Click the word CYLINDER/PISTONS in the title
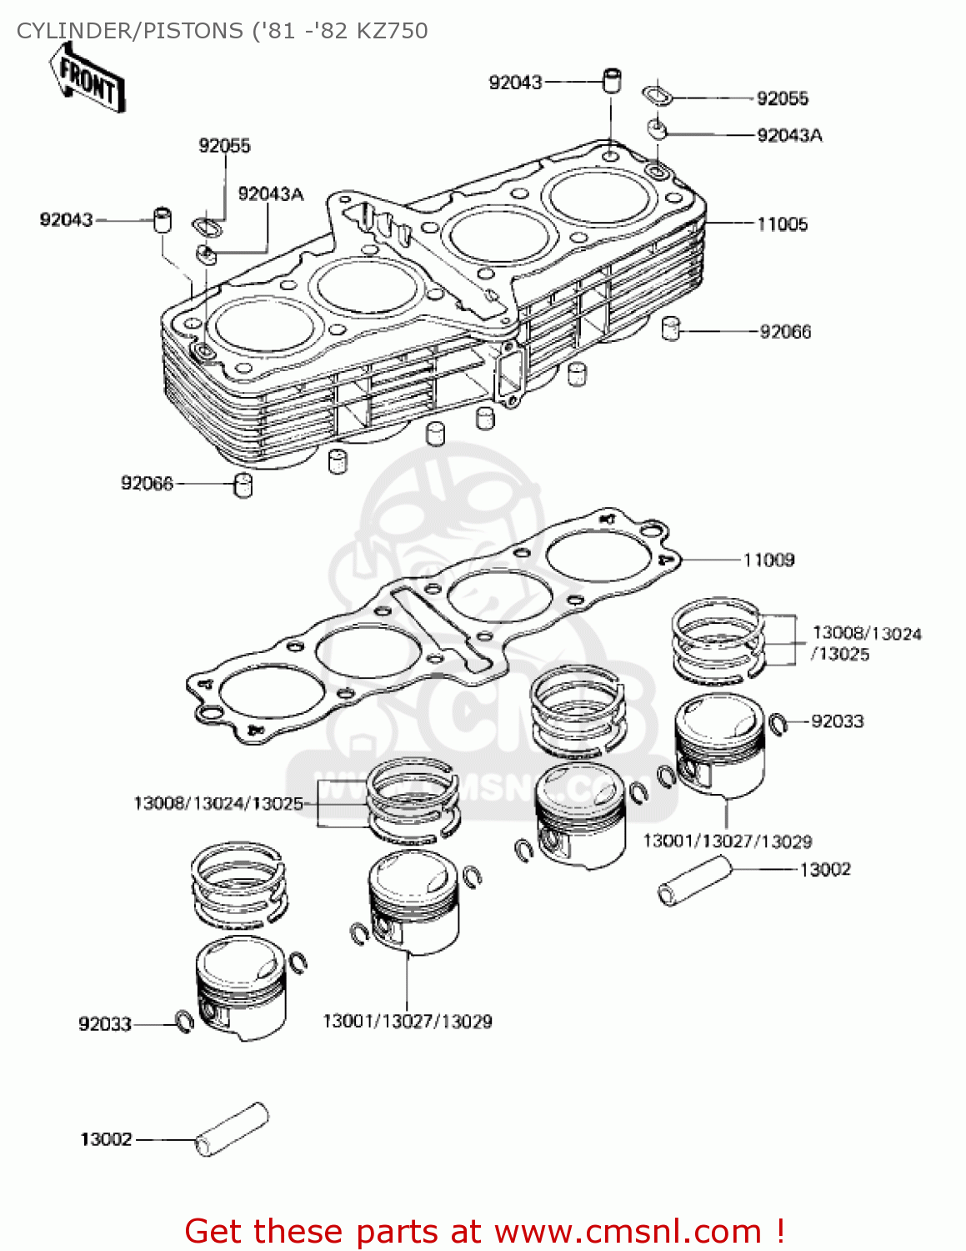pos(129,31)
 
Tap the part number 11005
pos(782,224)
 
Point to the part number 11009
pos(768,560)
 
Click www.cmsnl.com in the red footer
pos(628,1231)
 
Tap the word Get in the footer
pos(216,1231)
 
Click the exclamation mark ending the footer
pos(780,1231)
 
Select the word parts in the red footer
pos(391,1231)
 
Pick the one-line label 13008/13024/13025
pos(218,804)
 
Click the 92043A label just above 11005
pos(789,136)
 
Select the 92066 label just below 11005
pos(785,332)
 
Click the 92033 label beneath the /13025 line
pos(838,721)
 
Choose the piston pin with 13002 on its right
pos(694,883)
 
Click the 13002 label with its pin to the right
pos(106,1140)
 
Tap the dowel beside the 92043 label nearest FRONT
pos(162,220)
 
